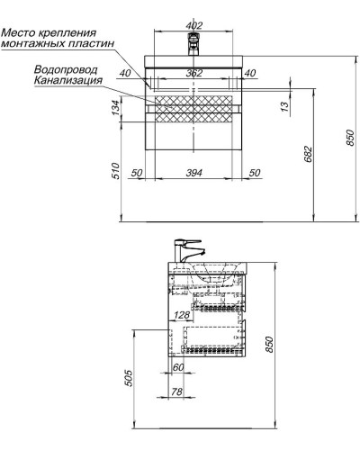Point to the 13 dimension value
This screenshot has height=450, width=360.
click(x=284, y=109)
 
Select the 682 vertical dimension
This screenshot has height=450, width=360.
click(x=309, y=153)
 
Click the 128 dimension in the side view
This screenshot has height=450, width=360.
click(x=181, y=315)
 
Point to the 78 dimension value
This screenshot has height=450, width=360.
click(x=177, y=391)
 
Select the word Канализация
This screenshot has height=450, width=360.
click(x=67, y=80)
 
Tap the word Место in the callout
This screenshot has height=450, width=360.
click(x=20, y=34)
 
